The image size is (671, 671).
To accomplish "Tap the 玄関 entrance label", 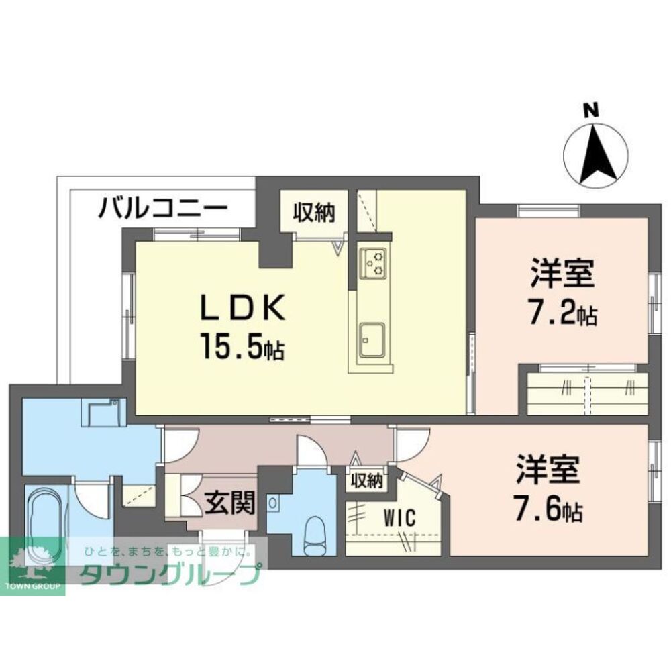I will pyautogui.click(x=229, y=501).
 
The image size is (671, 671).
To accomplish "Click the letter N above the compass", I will pyautogui.click(x=590, y=111).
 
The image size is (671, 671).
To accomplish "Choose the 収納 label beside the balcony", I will pyautogui.click(x=313, y=213).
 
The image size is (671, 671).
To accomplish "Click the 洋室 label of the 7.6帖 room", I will pyautogui.click(x=548, y=470).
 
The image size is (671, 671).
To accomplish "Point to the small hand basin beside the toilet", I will pyautogui.click(x=274, y=503).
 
